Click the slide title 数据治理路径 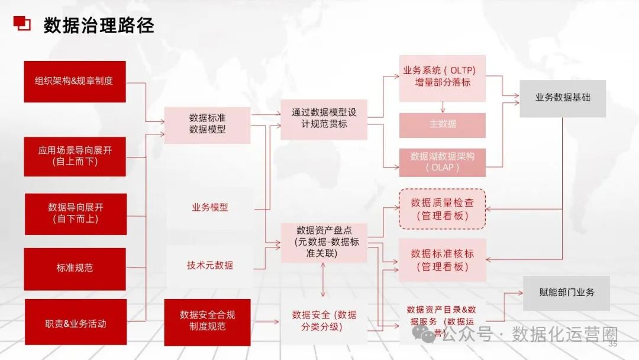tap(99, 25)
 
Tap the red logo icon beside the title tap(22, 23)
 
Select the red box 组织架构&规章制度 tap(75, 81)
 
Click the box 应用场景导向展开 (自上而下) tap(75, 156)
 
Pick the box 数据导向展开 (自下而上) tap(75, 213)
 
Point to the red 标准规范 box tap(75, 268)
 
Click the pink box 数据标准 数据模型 tap(207, 124)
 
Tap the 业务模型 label tap(209, 208)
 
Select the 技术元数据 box tap(209, 265)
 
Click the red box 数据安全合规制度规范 tap(207, 321)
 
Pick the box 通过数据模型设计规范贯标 tap(324, 119)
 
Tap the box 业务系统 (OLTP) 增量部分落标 tap(442, 76)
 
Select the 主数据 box tap(442, 125)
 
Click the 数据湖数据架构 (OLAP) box tap(442, 162)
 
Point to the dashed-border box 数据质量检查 tap(442, 209)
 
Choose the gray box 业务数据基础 tap(562, 98)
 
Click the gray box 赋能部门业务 tap(566, 292)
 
